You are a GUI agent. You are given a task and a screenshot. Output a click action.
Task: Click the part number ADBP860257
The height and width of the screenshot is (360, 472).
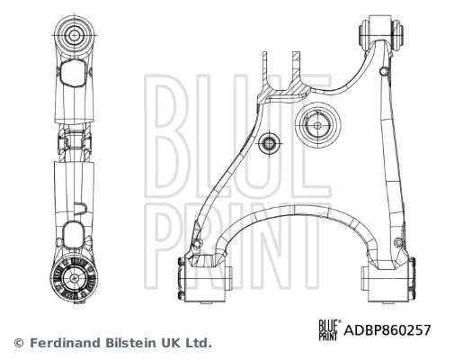tap(387, 330)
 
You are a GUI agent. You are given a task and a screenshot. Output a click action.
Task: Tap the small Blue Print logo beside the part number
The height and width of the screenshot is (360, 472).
tap(330, 330)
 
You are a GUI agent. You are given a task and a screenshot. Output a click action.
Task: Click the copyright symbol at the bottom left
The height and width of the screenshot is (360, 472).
tap(19, 343)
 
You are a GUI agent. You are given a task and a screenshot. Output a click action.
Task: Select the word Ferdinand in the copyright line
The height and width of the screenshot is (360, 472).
tap(65, 343)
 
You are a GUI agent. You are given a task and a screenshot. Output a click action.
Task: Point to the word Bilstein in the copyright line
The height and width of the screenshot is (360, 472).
tap(130, 343)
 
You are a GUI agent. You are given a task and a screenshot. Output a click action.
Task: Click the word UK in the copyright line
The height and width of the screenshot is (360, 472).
tap(172, 343)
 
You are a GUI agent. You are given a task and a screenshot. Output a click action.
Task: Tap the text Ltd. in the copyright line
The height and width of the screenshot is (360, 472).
tap(199, 343)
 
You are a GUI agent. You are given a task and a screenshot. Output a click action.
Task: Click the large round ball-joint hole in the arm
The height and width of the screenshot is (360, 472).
tap(318, 125)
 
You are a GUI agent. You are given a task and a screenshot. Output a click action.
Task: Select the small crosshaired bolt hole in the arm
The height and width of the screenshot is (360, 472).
tap(269, 143)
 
